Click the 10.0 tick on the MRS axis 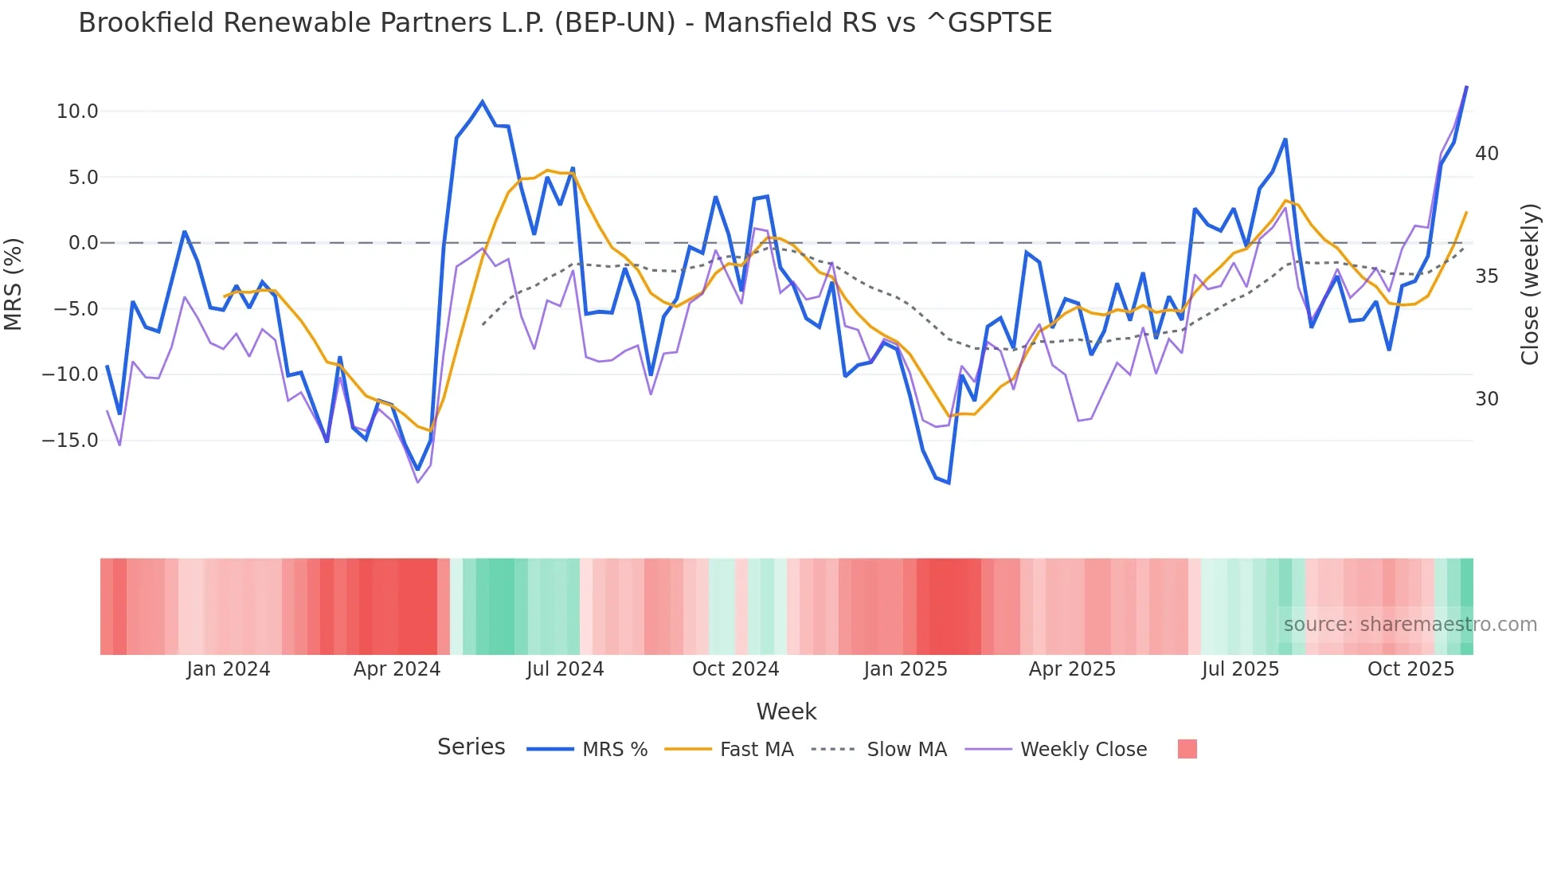(76, 112)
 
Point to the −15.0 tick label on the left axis (70, 441)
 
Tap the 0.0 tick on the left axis (83, 243)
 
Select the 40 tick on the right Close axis (1486, 154)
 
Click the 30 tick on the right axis (1486, 399)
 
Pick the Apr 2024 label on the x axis (397, 669)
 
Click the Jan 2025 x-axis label (906, 669)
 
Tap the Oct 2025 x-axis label (1410, 669)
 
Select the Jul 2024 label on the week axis (565, 669)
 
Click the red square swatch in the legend (1187, 749)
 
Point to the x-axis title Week (786, 711)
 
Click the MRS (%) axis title (14, 284)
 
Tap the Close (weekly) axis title (1530, 284)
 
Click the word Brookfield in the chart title (147, 23)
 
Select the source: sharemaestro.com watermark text (1410, 625)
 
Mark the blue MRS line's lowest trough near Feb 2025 (949, 483)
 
